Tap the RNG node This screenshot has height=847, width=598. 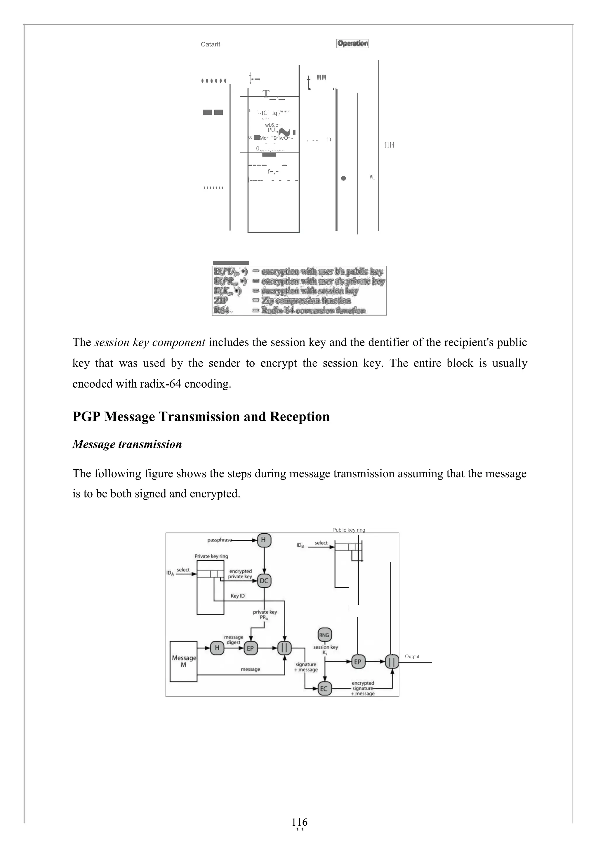[324, 635]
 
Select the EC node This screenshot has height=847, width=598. [324, 688]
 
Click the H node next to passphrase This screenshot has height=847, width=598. [263, 540]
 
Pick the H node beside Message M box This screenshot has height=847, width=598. [217, 648]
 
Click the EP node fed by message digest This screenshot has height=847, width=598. [251, 648]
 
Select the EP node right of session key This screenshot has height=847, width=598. [357, 662]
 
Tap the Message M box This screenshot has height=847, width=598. [183, 661]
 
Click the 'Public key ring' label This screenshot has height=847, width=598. [349, 530]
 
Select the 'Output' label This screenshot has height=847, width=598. [412, 656]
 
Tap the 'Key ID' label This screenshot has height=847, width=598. [238, 596]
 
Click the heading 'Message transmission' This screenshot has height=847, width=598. [127, 444]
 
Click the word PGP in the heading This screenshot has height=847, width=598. [87, 417]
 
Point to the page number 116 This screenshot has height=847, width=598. [299, 822]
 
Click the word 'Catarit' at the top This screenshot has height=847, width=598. [210, 44]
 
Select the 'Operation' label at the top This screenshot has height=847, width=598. [352, 44]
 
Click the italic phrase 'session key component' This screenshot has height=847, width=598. [150, 342]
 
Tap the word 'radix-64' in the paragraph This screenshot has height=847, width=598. [161, 384]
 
